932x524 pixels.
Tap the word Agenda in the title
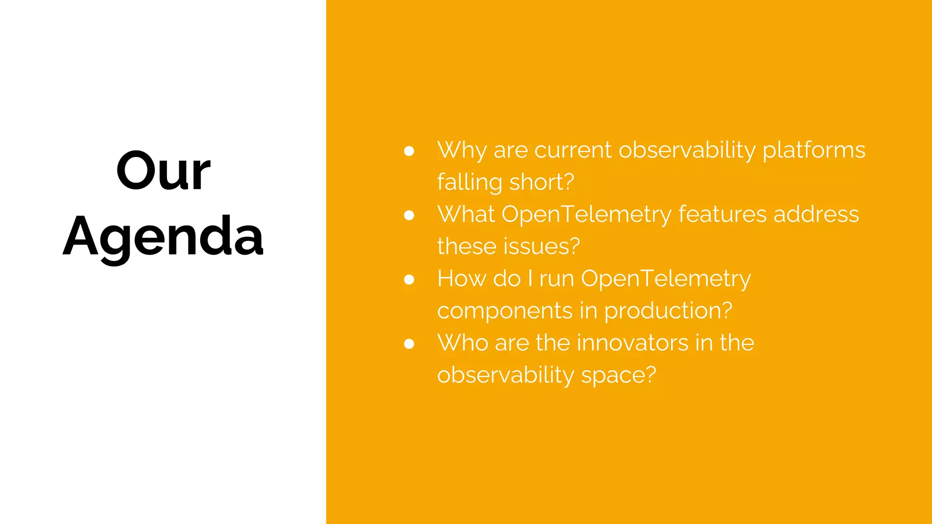coord(163,237)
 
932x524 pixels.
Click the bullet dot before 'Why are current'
coord(409,151)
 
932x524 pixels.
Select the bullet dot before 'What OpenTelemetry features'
coord(409,215)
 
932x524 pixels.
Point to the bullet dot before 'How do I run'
coord(409,279)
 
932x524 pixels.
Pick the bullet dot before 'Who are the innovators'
coord(409,344)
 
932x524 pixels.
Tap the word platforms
coord(814,151)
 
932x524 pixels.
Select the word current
coord(573,151)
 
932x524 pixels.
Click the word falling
coord(470,182)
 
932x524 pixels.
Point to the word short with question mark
coord(542,182)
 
